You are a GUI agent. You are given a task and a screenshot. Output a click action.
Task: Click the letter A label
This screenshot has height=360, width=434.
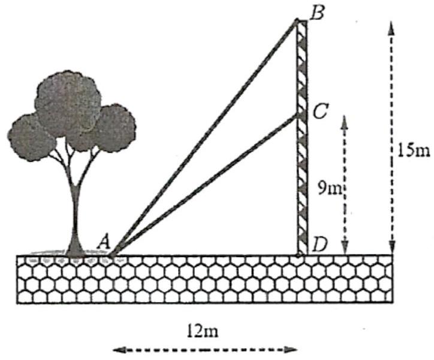(103, 241)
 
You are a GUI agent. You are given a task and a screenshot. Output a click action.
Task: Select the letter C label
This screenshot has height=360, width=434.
(320, 111)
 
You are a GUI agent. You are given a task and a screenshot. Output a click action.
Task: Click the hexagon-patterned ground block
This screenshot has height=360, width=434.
(204, 279)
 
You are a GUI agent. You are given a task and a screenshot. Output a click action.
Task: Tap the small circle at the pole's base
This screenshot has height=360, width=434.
(299, 255)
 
